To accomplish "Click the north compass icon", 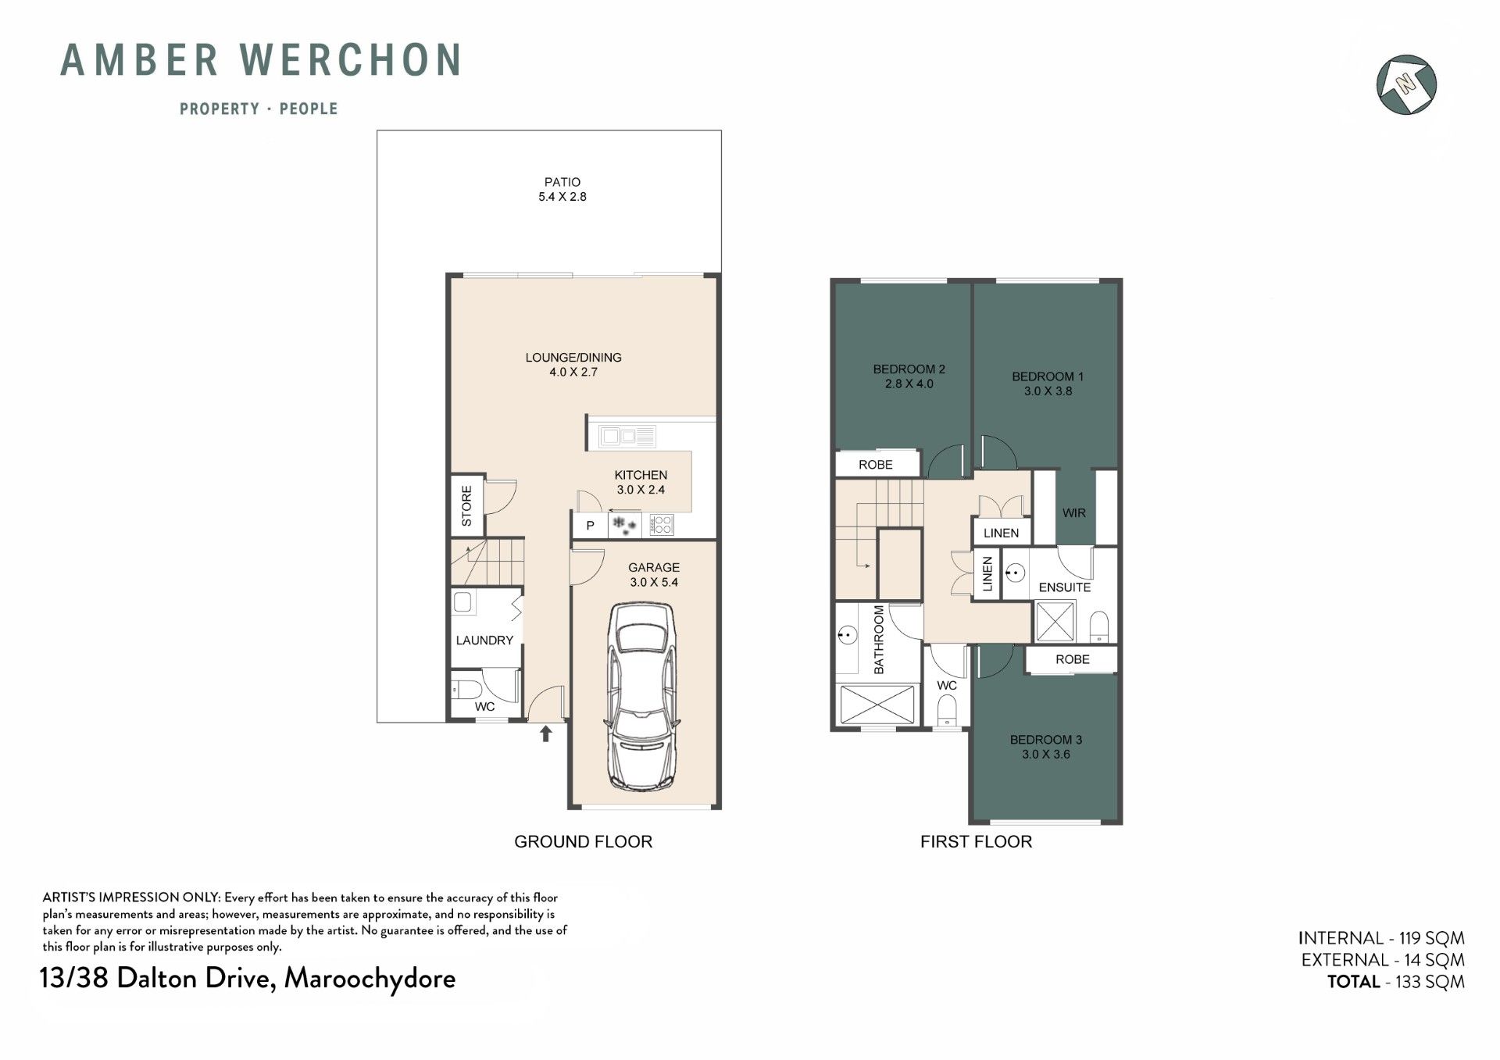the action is tap(1406, 84).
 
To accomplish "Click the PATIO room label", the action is tap(562, 182).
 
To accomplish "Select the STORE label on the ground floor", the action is tap(466, 505).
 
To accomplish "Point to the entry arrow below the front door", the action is tap(546, 733).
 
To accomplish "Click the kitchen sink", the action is tap(627, 436).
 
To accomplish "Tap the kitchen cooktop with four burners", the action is tap(661, 524).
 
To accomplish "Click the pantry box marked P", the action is tap(591, 525).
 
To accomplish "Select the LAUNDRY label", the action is tap(484, 641).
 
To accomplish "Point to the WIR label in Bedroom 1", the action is tap(1074, 513).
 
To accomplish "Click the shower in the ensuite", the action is tap(1055, 622).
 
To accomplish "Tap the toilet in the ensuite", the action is tap(1099, 626).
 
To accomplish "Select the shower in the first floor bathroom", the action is tap(877, 705).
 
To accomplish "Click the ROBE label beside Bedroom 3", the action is tap(1073, 660).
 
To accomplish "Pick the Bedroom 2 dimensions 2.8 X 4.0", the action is tap(909, 384).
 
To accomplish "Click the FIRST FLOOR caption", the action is tap(977, 842).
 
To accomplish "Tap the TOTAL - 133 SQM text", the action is tap(1396, 982).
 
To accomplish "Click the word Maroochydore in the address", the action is tap(370, 979).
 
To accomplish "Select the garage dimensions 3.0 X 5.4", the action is tap(654, 583).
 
